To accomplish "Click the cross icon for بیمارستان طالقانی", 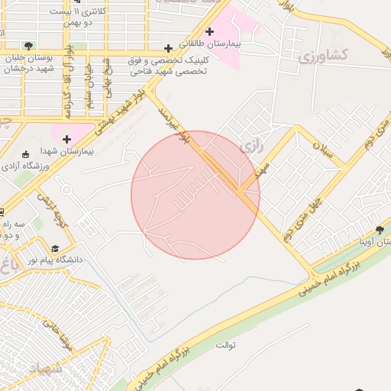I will click(x=167, y=48).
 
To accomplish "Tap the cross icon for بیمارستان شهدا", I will click(x=67, y=139).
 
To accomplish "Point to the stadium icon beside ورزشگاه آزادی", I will click(x=26, y=153).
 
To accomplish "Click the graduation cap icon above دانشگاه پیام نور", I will click(x=54, y=249).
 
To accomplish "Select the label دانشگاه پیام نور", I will click(x=55, y=261).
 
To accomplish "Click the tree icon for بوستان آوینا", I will click(x=380, y=230).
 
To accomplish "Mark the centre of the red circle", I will click(x=195, y=195).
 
